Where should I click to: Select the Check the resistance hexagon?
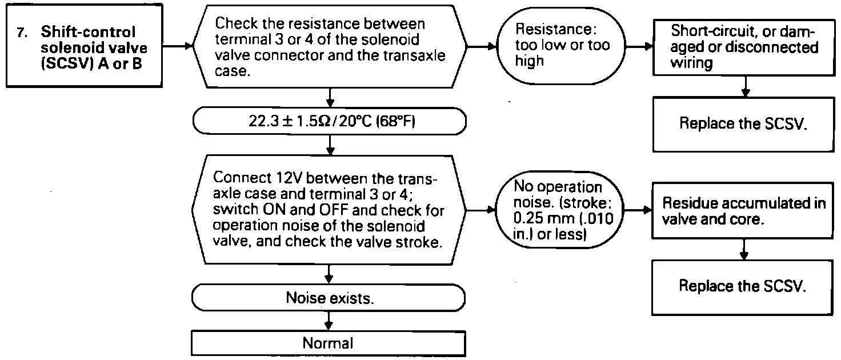[330, 46]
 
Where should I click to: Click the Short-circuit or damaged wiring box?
[744, 46]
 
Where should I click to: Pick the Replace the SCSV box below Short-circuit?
[744, 124]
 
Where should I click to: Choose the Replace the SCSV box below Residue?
[744, 286]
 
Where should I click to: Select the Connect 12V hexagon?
[330, 211]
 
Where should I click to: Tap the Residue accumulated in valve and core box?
[744, 211]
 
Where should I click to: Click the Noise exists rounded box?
[330, 298]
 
